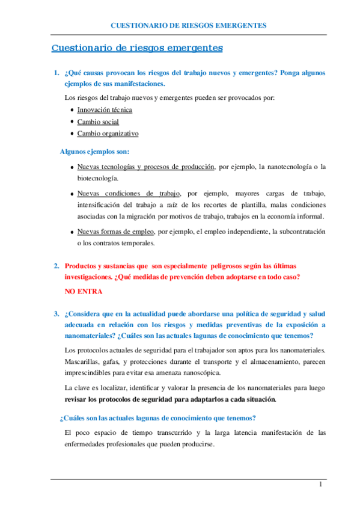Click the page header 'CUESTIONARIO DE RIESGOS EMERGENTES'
pyautogui.click(x=189, y=25)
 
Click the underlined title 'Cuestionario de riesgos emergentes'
pyautogui.click(x=137, y=48)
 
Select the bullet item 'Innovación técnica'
pyautogui.click(x=105, y=110)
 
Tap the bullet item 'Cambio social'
pyautogui.click(x=98, y=121)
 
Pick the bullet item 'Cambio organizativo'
pyautogui.click(x=108, y=134)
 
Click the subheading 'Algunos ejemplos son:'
pyautogui.click(x=95, y=152)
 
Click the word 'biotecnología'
pyautogui.click(x=97, y=179)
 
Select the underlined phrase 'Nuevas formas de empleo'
pyautogui.click(x=115, y=232)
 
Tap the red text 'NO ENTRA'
pyautogui.click(x=83, y=292)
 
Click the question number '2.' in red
pyautogui.click(x=56, y=266)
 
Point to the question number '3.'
pyautogui.click(x=56, y=313)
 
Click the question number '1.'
pyautogui.click(x=56, y=73)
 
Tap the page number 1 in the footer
pyautogui.click(x=321, y=485)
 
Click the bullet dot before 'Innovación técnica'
pyautogui.click(x=72, y=110)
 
